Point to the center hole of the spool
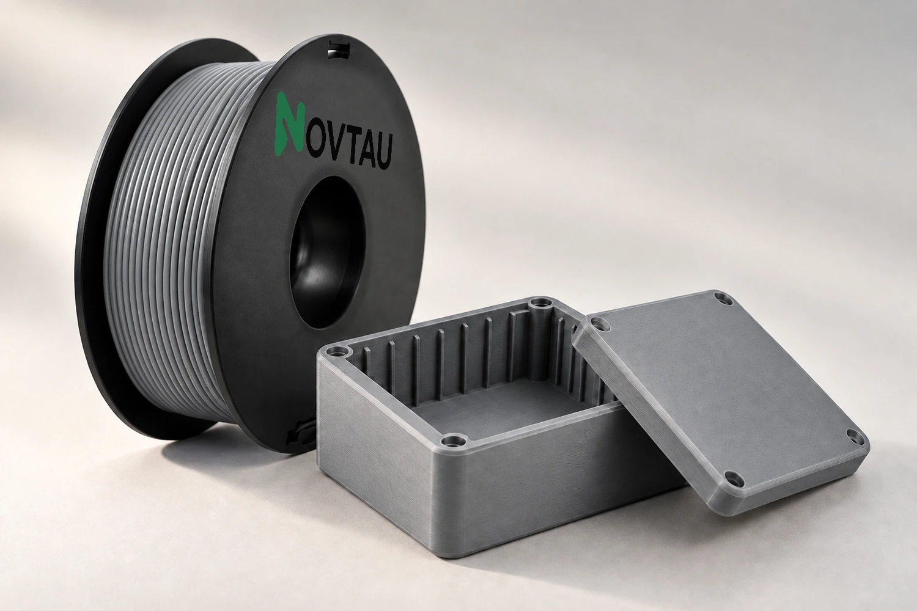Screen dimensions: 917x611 (327, 253)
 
